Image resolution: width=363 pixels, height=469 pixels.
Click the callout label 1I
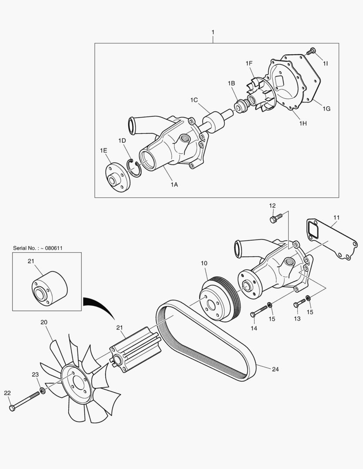point(325,63)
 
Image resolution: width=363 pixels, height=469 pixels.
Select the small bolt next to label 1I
point(310,52)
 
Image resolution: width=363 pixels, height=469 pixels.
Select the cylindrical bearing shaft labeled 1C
point(215,122)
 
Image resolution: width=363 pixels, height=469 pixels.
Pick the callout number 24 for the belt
point(275,369)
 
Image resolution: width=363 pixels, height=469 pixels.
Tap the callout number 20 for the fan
point(43,322)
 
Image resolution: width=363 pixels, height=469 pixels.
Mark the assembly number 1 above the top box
point(213,32)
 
